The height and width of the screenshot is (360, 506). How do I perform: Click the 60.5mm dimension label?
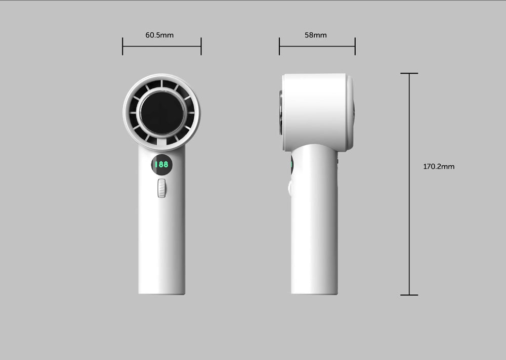point(159,35)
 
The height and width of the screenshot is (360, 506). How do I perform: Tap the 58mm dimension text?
point(315,35)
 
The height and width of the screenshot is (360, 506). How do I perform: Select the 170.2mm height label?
point(439,166)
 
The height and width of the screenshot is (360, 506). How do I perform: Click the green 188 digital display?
point(161,164)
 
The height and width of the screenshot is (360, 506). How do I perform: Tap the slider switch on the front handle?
point(161,188)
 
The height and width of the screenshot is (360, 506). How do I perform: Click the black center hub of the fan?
point(161,113)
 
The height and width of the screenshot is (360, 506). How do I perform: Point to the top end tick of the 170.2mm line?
point(409,74)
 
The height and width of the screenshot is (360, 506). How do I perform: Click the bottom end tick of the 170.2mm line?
point(409,295)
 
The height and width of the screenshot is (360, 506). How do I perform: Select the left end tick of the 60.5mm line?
point(122,46)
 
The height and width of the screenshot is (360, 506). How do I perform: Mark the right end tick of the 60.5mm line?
point(201,46)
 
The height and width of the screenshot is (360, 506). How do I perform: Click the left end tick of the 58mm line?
point(279,46)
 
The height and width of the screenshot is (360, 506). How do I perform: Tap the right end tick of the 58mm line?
point(355,46)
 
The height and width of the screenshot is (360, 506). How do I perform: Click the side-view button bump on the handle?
point(290,188)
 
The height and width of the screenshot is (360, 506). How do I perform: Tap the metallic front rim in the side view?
point(281,112)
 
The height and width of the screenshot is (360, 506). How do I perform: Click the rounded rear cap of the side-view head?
point(350,112)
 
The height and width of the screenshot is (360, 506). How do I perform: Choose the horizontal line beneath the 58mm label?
point(317,46)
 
